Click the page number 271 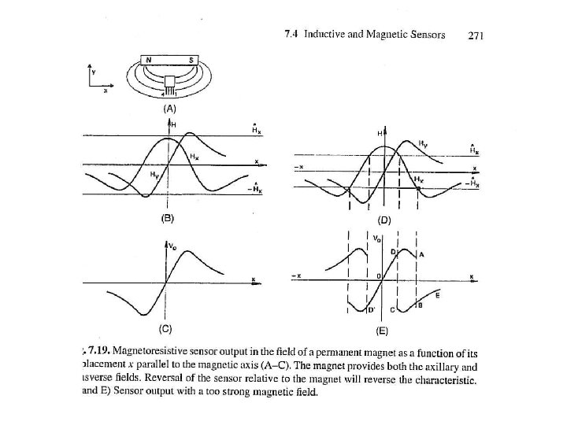pos(476,34)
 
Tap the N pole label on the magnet pos(147,60)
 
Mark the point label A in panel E pos(422,255)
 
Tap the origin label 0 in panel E pos(378,277)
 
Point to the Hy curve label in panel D pos(424,143)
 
